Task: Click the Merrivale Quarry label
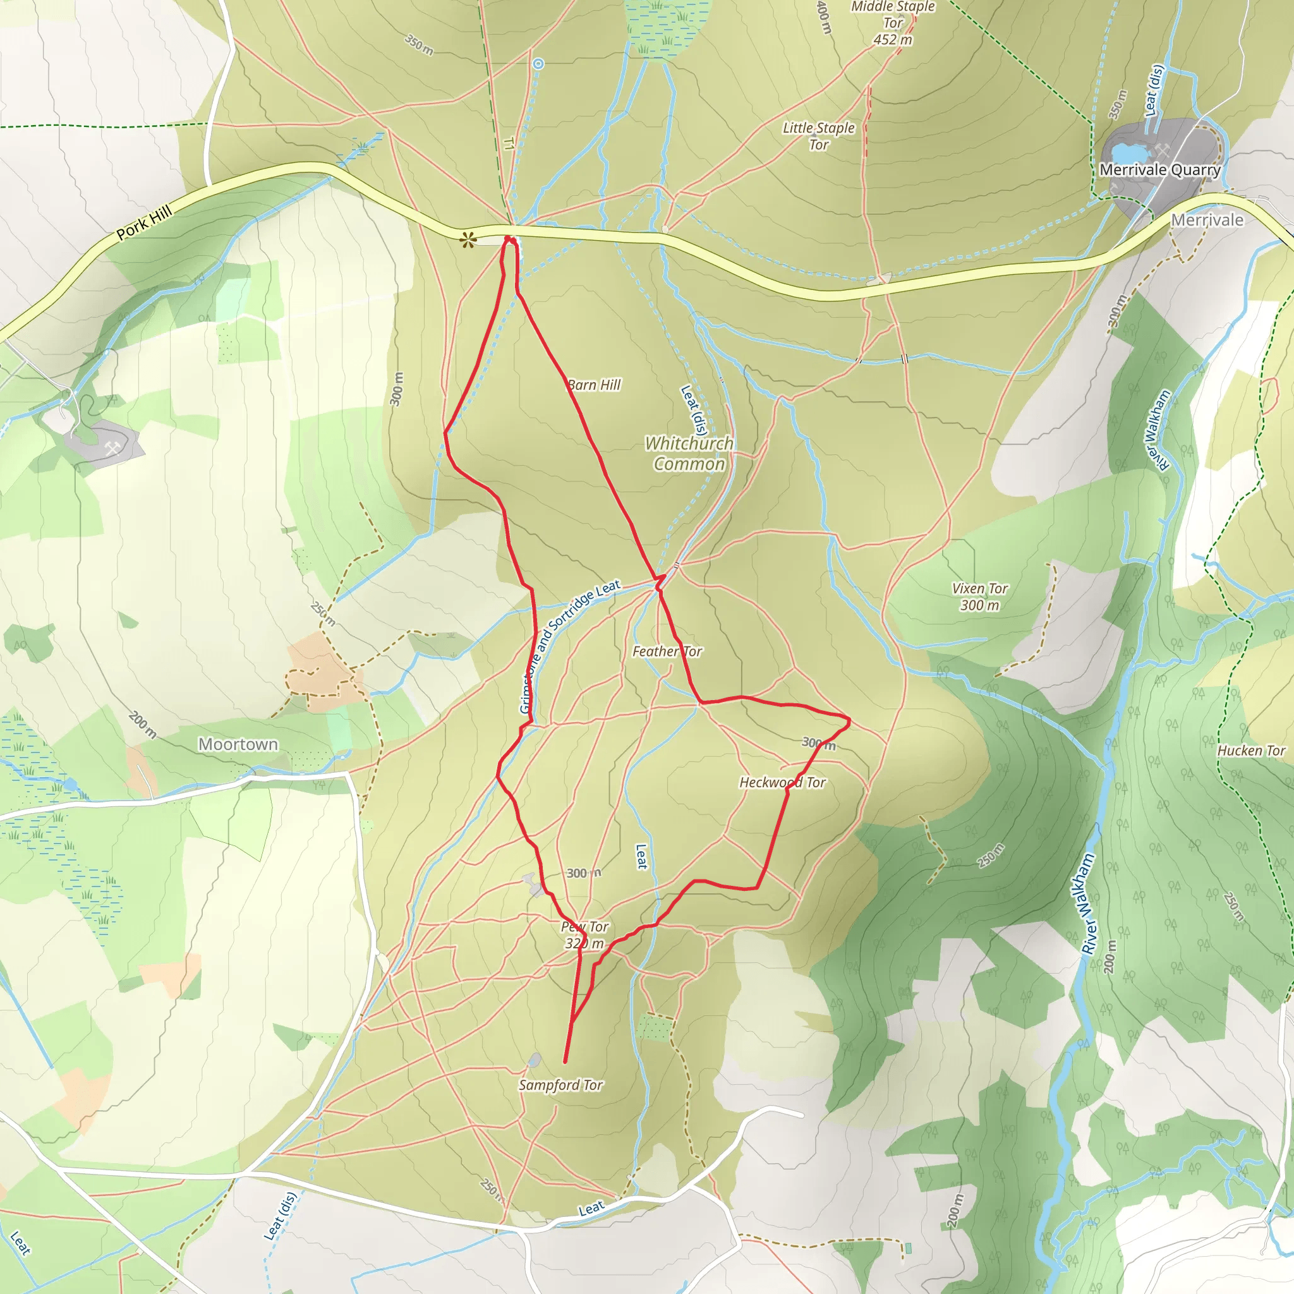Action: tap(1159, 170)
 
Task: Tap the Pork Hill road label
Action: tap(144, 223)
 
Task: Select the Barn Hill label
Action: tap(593, 385)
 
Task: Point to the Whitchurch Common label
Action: tap(689, 454)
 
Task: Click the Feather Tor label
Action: tap(667, 651)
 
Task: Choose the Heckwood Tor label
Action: tap(782, 782)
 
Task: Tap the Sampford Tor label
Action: tap(560, 1085)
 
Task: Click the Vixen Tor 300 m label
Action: tap(979, 596)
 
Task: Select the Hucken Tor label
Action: tap(1251, 751)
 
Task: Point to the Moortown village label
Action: tap(238, 744)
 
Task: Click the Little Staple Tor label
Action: tap(818, 136)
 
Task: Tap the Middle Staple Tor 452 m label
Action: tap(893, 23)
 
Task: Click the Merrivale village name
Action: tap(1207, 221)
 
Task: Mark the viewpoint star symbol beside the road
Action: tap(468, 239)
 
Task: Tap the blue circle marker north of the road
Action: tap(538, 64)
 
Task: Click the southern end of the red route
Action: tap(565, 1062)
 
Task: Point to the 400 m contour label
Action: tap(824, 17)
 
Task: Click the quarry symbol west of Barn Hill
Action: tap(112, 448)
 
